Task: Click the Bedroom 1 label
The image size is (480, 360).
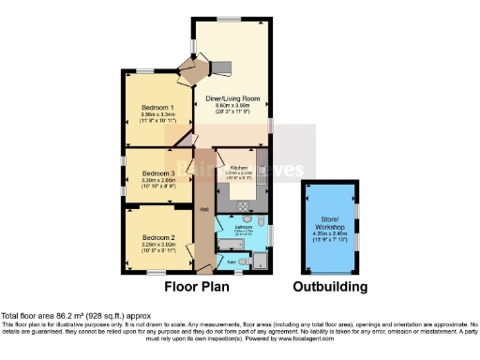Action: [x=147, y=106]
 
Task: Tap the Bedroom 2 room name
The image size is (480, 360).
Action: [x=147, y=237]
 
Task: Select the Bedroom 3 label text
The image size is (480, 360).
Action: [x=147, y=173]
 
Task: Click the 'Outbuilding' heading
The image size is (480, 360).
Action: [x=330, y=286]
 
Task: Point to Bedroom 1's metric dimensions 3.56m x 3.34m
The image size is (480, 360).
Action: [x=147, y=114]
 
